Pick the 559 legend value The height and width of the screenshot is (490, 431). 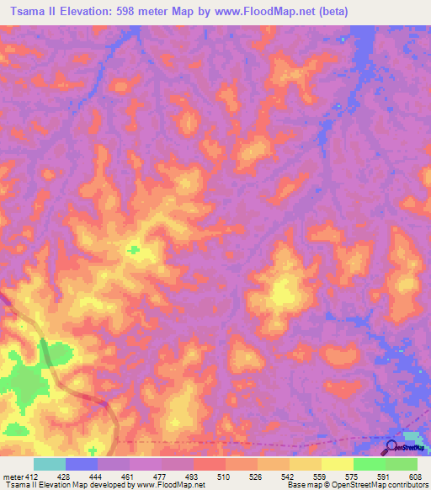[321, 476]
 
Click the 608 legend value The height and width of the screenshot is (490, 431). [414, 476]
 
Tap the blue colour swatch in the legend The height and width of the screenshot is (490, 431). [81, 464]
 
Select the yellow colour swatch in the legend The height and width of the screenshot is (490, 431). [337, 464]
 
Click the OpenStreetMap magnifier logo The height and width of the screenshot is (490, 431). [392, 447]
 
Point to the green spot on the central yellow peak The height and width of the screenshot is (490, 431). [133, 248]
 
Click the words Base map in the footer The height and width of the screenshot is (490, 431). [301, 485]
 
